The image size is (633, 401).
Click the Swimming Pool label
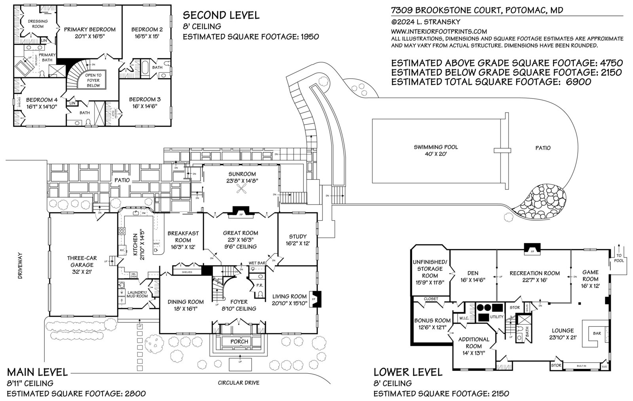[435, 147]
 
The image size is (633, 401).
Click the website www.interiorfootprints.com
[439, 31]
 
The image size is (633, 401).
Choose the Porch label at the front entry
[239, 341]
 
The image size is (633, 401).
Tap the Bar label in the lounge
[597, 333]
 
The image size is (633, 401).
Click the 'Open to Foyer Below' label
[94, 80]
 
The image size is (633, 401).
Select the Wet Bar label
[257, 263]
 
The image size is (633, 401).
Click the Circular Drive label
[239, 382]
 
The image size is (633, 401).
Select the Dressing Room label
[38, 24]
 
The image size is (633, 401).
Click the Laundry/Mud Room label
[137, 294]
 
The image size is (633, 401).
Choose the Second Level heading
[221, 15]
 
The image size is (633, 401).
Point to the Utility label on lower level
[497, 317]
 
